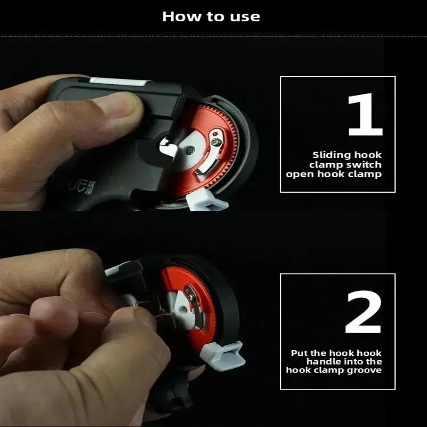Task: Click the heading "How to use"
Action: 211,17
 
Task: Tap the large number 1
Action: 366,115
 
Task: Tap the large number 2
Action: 363,312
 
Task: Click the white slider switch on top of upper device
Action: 120,82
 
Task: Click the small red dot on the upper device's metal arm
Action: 215,134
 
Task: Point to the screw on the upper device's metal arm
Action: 216,141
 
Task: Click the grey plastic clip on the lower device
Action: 223,356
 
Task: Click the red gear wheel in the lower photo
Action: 188,307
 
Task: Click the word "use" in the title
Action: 245,17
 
